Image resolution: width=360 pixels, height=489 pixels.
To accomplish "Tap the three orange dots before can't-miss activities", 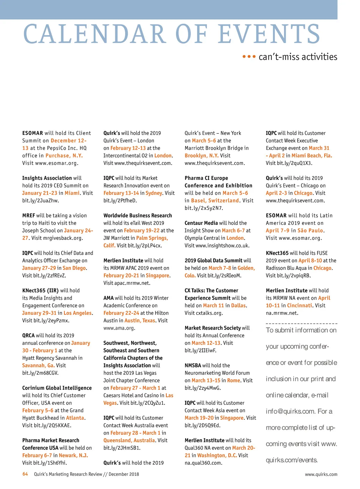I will pyautogui.click(x=249, y=56).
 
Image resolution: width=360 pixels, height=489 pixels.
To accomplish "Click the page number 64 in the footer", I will pyautogui.click(x=25, y=474).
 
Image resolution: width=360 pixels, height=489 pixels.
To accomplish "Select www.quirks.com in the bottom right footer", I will pyautogui.click(x=321, y=474).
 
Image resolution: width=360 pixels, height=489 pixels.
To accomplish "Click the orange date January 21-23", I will pyautogui.click(x=40, y=193).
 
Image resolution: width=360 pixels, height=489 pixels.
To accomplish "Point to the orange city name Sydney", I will pyautogui.click(x=154, y=193).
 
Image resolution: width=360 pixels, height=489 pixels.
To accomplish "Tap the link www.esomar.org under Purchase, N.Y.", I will pyautogui.click(x=56, y=163).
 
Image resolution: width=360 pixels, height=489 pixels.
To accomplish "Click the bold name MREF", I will pyautogui.click(x=28, y=216).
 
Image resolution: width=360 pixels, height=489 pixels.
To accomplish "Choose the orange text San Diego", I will pyautogui.click(x=74, y=268).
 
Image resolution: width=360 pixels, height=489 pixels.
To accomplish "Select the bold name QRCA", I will pyautogui.click(x=28, y=335).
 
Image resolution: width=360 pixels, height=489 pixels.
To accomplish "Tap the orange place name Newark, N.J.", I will pyautogui.click(x=73, y=455).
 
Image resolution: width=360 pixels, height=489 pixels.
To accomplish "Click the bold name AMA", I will pyautogui.click(x=108, y=298).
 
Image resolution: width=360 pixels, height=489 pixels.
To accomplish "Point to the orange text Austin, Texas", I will pyautogui.click(x=140, y=321).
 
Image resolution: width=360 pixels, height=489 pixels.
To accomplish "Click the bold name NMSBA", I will pyautogui.click(x=193, y=365).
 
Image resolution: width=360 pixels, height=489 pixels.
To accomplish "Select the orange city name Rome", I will pyautogui.click(x=234, y=380).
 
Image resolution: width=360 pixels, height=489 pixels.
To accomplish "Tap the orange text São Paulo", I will pyautogui.click(x=310, y=231).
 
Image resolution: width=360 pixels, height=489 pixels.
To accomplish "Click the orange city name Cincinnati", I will pyautogui.click(x=299, y=306).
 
